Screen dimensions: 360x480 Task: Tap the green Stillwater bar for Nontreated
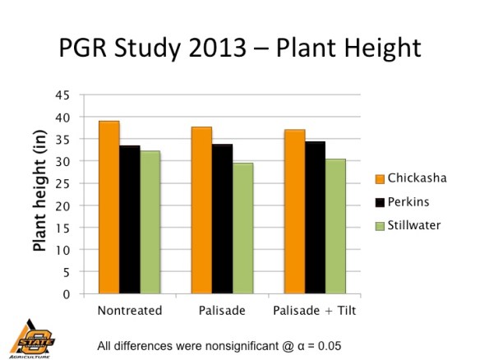(x=150, y=222)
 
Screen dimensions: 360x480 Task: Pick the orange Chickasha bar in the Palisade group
(x=202, y=210)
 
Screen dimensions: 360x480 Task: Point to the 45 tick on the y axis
(x=62, y=95)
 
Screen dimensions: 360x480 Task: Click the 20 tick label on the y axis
(x=62, y=205)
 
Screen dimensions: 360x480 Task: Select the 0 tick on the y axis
(x=65, y=293)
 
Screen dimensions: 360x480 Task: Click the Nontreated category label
(x=129, y=312)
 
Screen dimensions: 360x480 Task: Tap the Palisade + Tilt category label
(x=316, y=312)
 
